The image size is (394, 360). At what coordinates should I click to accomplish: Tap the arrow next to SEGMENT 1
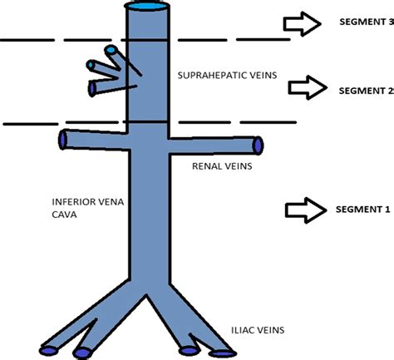point(304,210)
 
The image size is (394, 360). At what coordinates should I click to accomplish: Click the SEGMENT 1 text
point(362,210)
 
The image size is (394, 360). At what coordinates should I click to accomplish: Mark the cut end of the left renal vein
point(63,138)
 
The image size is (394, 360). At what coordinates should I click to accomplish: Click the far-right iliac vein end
point(223,354)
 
